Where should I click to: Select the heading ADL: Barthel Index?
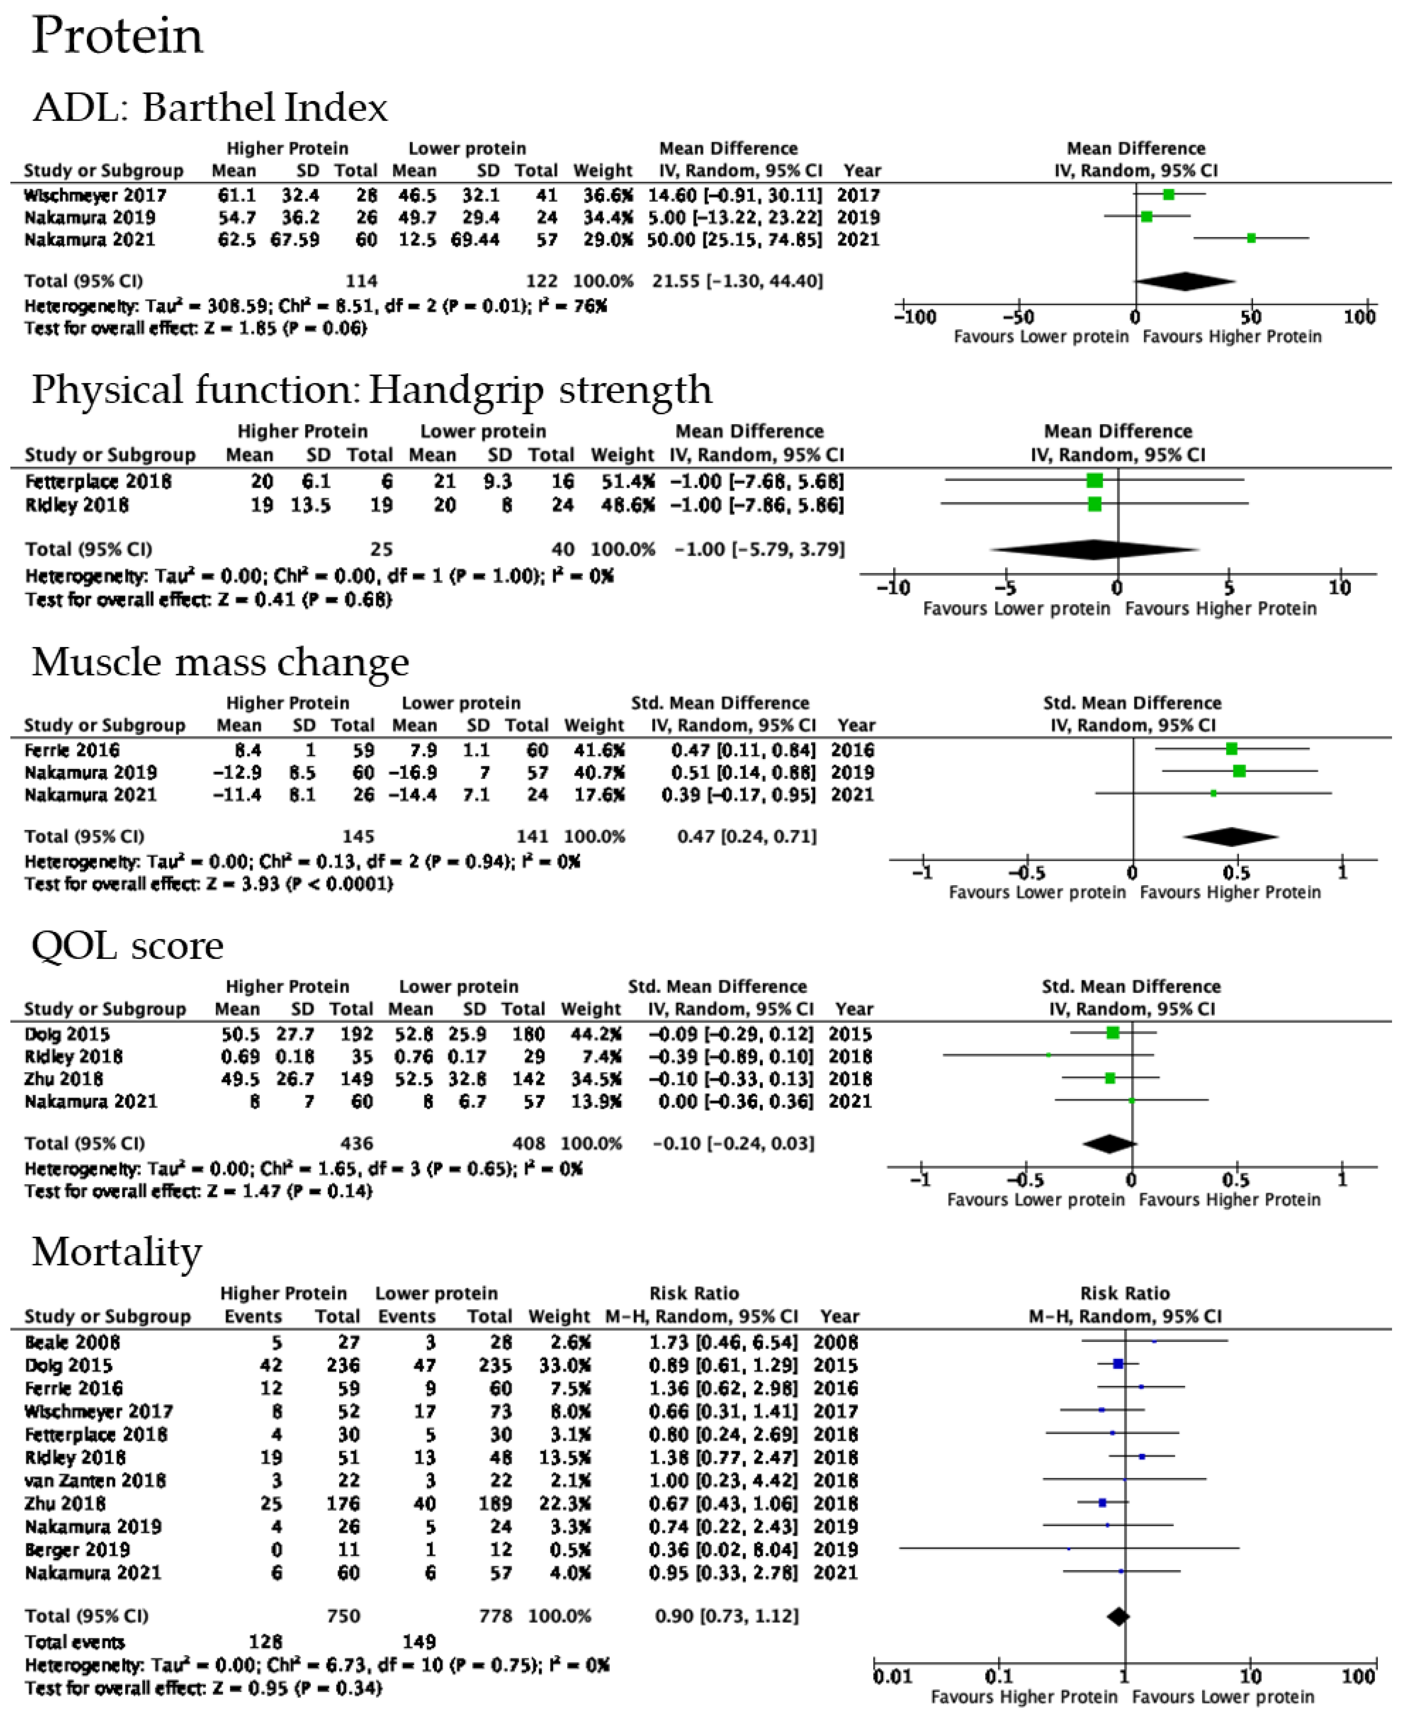click(x=210, y=107)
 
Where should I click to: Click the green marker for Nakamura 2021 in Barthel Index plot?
click(x=1251, y=239)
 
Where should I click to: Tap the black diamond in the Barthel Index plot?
click(x=1185, y=281)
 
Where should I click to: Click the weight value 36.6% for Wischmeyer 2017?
click(x=603, y=196)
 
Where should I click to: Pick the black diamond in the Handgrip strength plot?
click(x=1094, y=550)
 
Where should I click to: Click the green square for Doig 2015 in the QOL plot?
click(x=1113, y=1033)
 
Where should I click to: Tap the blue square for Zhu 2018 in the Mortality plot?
click(x=1102, y=1503)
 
